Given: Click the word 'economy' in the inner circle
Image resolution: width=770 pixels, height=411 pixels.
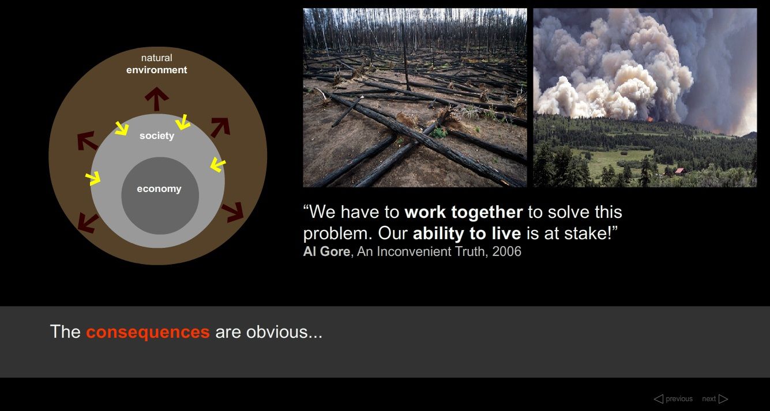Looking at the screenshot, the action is [159, 189].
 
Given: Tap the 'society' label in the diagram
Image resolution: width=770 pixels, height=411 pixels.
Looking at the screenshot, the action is [157, 135].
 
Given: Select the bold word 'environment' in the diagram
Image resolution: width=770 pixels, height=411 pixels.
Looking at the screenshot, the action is [157, 70].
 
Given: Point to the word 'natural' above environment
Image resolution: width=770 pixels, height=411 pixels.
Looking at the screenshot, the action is [157, 58].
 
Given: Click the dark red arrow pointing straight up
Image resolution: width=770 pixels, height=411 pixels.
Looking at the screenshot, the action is [157, 99].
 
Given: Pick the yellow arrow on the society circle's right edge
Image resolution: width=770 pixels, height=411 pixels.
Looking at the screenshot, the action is [218, 165].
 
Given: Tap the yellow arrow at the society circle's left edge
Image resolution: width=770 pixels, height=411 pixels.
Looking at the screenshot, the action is [93, 178].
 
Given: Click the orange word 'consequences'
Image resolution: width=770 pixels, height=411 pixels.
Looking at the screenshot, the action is [148, 332].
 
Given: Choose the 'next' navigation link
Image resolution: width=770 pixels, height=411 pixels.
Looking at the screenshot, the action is [715, 399].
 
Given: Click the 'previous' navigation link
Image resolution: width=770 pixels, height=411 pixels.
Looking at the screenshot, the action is [673, 399].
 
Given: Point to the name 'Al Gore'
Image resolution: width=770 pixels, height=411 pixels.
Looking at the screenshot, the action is [326, 251].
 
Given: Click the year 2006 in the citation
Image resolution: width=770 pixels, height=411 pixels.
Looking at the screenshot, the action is [506, 251].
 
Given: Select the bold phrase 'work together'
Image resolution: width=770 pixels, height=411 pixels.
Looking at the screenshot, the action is [464, 212].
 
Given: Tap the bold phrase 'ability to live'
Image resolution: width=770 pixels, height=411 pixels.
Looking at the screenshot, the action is [467, 233].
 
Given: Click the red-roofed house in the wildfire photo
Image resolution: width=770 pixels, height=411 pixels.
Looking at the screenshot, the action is [679, 171].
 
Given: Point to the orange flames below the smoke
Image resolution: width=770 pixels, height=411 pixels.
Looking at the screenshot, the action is [650, 119].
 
